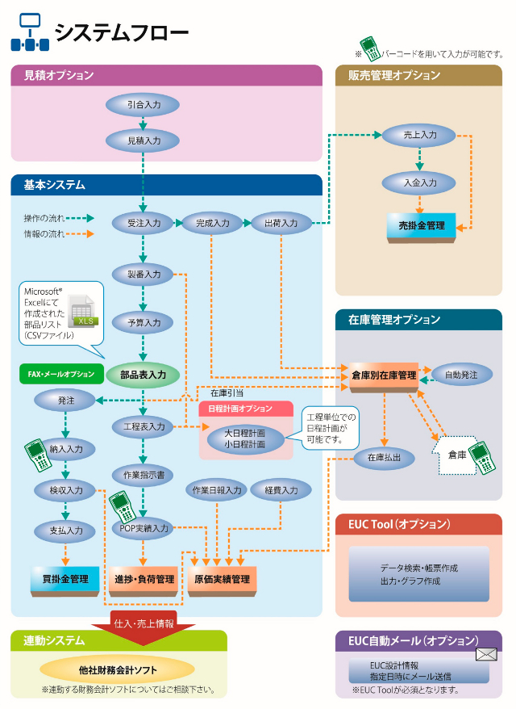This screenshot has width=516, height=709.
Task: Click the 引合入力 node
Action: tap(143, 105)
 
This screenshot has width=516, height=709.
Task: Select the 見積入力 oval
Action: tap(143, 140)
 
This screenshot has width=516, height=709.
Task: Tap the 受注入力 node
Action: tap(143, 223)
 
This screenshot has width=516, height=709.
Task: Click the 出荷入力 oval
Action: tap(281, 223)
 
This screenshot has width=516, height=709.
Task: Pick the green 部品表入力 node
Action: tap(143, 375)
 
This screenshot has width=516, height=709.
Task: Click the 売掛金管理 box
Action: tap(421, 226)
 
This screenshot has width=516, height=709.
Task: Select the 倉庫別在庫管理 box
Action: tap(384, 375)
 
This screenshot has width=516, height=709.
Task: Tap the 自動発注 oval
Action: tap(461, 375)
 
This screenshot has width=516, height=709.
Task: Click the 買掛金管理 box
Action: tap(64, 579)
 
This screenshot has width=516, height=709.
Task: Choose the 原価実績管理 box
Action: tap(221, 579)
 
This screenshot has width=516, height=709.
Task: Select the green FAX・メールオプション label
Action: tap(60, 374)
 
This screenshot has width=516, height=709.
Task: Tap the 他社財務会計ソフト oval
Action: tap(118, 669)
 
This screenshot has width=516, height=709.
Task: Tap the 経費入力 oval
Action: tap(281, 490)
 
